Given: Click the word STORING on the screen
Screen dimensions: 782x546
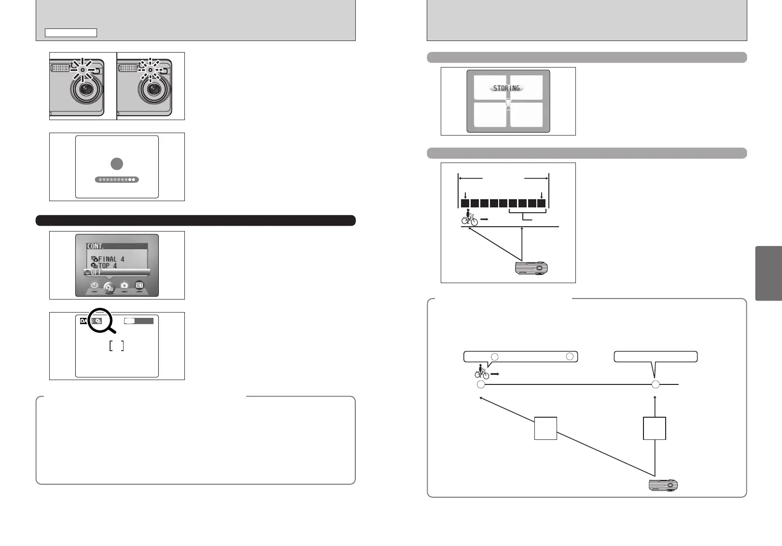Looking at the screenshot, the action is (x=506, y=88).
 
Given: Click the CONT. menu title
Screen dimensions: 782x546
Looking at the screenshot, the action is (x=96, y=246).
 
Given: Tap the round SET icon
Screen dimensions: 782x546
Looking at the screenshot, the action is (x=139, y=285).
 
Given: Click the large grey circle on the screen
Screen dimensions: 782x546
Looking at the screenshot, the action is (x=117, y=164).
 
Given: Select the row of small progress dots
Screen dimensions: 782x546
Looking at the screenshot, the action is (x=117, y=179).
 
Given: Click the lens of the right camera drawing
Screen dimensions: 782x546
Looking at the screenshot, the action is (x=154, y=89).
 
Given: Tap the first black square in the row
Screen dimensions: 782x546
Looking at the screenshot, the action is (x=465, y=203).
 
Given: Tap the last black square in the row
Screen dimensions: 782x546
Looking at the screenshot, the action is (x=541, y=203).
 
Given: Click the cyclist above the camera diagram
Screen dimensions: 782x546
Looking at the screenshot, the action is (x=469, y=218).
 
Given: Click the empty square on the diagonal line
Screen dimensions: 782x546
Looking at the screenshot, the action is (x=545, y=428).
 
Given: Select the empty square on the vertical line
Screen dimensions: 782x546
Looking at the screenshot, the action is (x=655, y=428).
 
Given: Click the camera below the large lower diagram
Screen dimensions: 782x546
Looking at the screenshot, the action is (x=663, y=485).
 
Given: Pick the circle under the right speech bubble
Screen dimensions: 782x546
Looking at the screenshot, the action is (x=655, y=384).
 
